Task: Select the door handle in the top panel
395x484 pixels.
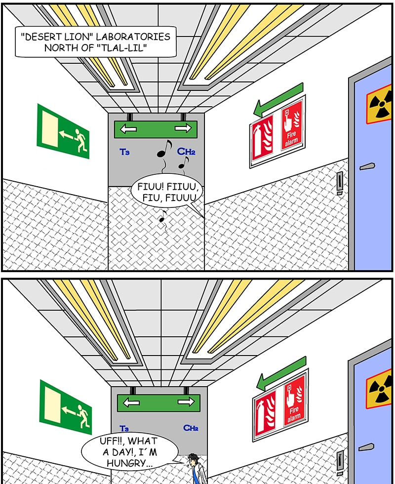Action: (x=367, y=167)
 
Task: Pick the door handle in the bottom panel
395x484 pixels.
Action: (x=366, y=446)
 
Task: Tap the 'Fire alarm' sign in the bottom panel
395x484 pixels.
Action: (x=294, y=401)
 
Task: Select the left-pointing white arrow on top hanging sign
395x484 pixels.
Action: (x=128, y=129)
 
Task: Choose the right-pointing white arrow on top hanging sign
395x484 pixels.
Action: (x=183, y=128)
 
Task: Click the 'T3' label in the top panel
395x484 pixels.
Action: (x=124, y=152)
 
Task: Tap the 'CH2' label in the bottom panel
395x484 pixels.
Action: (x=191, y=428)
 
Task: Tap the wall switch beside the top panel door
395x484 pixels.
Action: (x=340, y=183)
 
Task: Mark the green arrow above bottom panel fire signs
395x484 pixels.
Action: (x=281, y=373)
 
